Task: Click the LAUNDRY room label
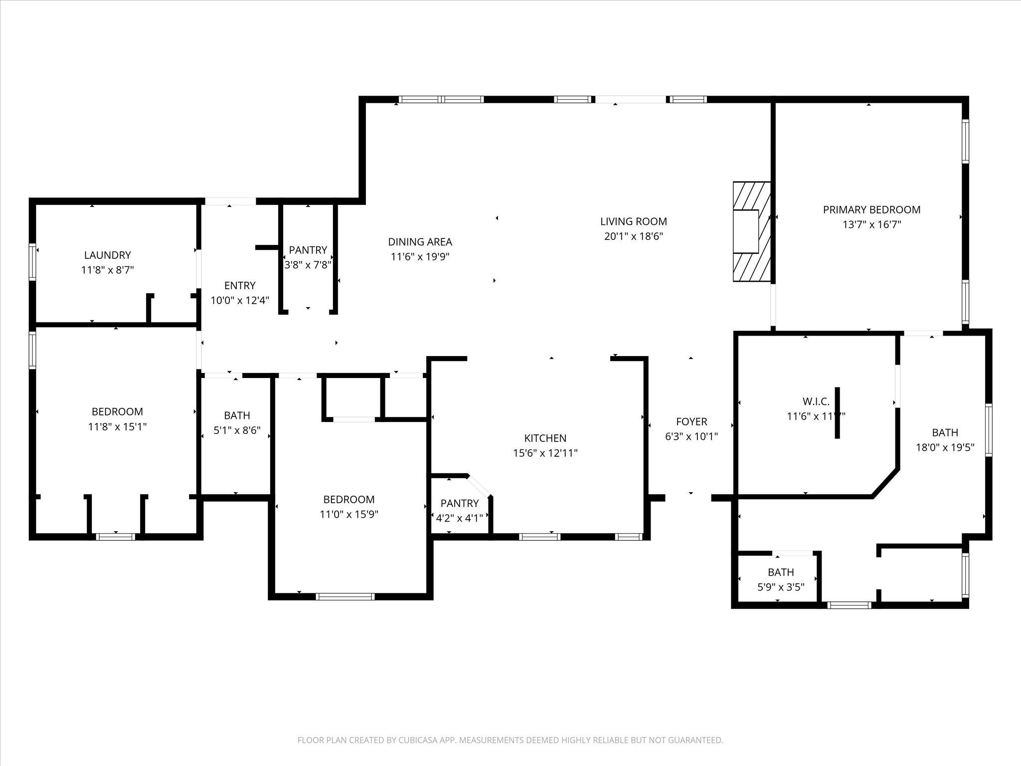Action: pyautogui.click(x=107, y=255)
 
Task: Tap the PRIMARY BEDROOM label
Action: pyautogui.click(x=871, y=210)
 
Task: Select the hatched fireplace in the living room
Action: pyautogui.click(x=751, y=231)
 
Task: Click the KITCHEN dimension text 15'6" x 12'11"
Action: pyautogui.click(x=545, y=453)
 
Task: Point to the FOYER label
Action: pyautogui.click(x=691, y=422)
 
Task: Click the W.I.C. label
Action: pyautogui.click(x=816, y=401)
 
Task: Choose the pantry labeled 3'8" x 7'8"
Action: pyautogui.click(x=308, y=257)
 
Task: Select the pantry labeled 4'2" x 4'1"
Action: pyautogui.click(x=459, y=511)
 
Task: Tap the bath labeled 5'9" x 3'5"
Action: pyautogui.click(x=781, y=579)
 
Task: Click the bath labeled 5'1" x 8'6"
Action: pyautogui.click(x=237, y=423)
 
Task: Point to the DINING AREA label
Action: pyautogui.click(x=420, y=242)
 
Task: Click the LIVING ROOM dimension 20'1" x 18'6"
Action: pyautogui.click(x=633, y=236)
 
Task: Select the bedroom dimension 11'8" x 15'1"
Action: pyautogui.click(x=117, y=427)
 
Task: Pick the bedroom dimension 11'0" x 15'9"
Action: pyautogui.click(x=349, y=515)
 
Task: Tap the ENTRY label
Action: pyautogui.click(x=240, y=286)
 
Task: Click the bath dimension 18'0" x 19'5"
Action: pyautogui.click(x=945, y=448)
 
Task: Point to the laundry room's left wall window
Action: pyautogui.click(x=33, y=262)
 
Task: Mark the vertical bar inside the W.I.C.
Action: pyautogui.click(x=837, y=413)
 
